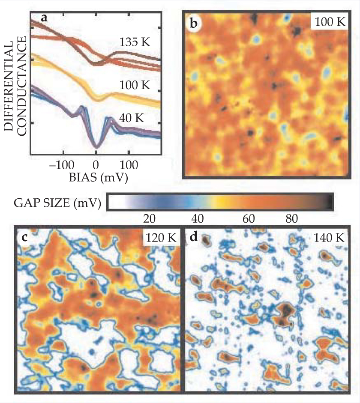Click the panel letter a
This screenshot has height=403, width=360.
pos(44,18)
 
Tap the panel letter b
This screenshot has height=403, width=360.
pos(194,24)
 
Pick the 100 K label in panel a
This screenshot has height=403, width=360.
pos(135,85)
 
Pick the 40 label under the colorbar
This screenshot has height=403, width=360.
pos(197,218)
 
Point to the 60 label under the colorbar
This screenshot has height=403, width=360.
pos(246,218)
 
